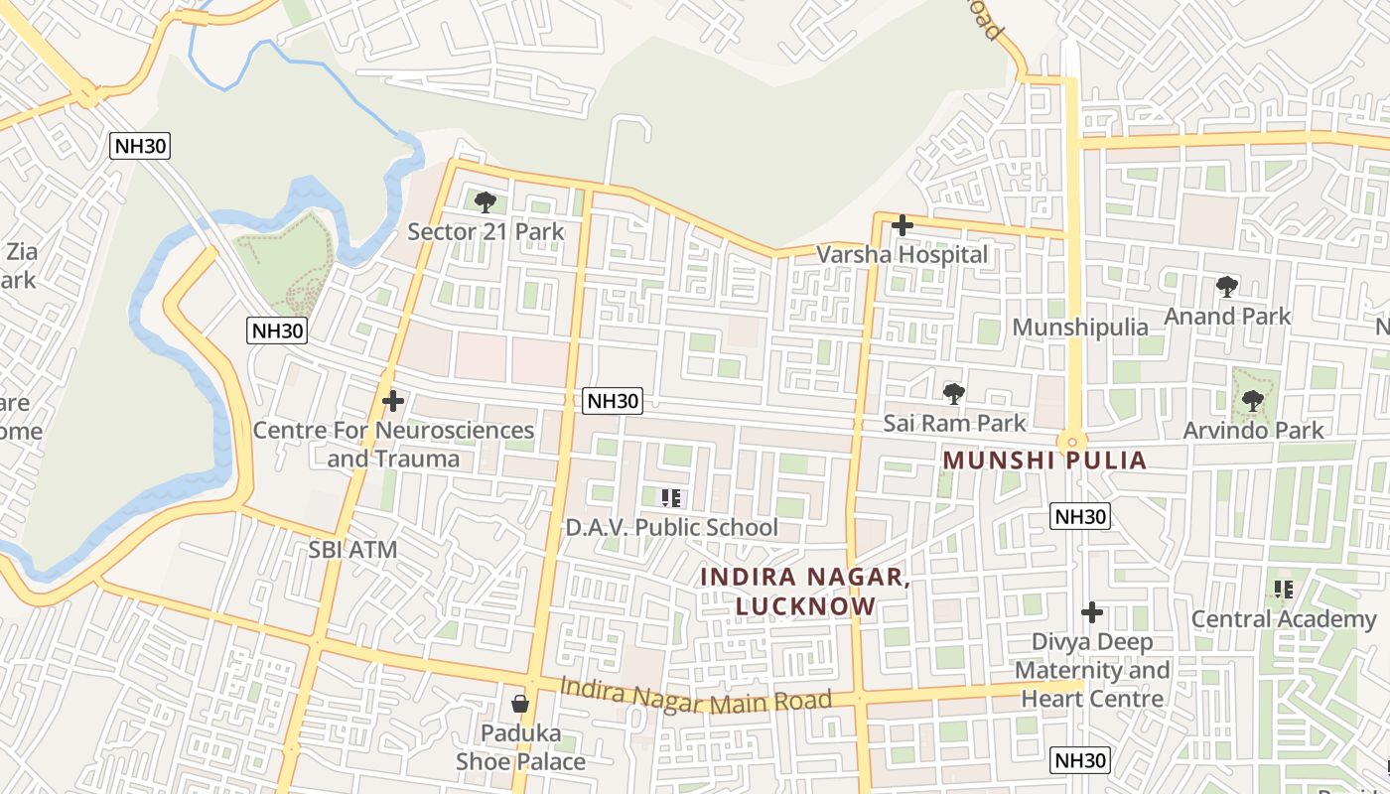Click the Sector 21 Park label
pyautogui.click(x=486, y=232)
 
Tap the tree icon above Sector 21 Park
pyautogui.click(x=486, y=202)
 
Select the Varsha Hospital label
pyautogui.click(x=902, y=255)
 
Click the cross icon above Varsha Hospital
pyautogui.click(x=902, y=225)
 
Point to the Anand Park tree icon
pyautogui.click(x=1227, y=287)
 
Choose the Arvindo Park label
pyautogui.click(x=1253, y=430)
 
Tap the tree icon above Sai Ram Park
pyautogui.click(x=954, y=394)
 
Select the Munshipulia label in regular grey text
pyautogui.click(x=1080, y=328)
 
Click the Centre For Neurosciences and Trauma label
pyautogui.click(x=393, y=444)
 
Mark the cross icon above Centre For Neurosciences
pyautogui.click(x=393, y=401)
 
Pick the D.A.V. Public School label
pyautogui.click(x=671, y=527)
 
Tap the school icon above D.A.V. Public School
pyautogui.click(x=671, y=497)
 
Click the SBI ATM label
pyautogui.click(x=352, y=550)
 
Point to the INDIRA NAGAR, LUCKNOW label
pyautogui.click(x=804, y=592)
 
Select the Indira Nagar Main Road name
pyautogui.click(x=695, y=695)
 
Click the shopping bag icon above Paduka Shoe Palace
pyautogui.click(x=519, y=705)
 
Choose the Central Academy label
pyautogui.click(x=1284, y=619)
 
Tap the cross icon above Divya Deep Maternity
pyautogui.click(x=1092, y=612)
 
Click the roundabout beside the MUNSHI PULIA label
pyautogui.click(x=1072, y=442)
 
